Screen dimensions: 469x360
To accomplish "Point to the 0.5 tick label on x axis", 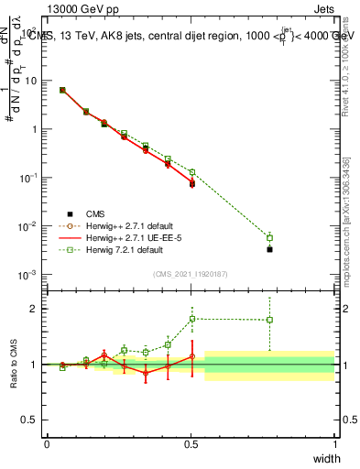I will pyautogui.click(x=191, y=444).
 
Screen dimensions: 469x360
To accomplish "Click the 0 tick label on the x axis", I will pyautogui.click(x=47, y=444).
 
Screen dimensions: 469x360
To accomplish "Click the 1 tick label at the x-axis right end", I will pyautogui.click(x=334, y=444).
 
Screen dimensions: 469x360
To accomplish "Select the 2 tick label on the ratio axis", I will pyautogui.click(x=35, y=309).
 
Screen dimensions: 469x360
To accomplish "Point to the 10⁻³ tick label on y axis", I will pyautogui.click(x=28, y=275).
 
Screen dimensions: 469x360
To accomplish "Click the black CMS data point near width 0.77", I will pyautogui.click(x=269, y=249).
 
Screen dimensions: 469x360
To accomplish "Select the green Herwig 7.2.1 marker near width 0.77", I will pyautogui.click(x=269, y=237).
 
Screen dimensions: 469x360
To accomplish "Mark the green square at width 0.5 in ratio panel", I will pyautogui.click(x=191, y=319).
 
